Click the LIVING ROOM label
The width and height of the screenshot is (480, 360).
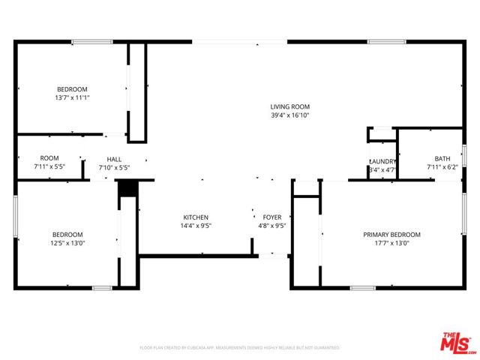click(290, 106)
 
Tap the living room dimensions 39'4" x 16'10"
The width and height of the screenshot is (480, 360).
click(290, 115)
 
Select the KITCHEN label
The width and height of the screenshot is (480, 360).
click(196, 217)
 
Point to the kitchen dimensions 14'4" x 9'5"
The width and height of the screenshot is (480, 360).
click(196, 226)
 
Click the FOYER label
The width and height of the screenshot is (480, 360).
click(271, 217)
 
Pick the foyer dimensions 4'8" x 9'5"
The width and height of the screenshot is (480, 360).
click(271, 226)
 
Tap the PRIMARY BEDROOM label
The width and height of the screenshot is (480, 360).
click(391, 235)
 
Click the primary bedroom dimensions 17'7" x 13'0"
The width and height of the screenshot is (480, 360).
click(391, 244)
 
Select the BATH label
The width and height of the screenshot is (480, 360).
click(442, 158)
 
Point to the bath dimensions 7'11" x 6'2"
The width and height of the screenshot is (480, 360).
click(442, 167)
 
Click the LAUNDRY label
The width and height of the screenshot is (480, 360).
click(382, 161)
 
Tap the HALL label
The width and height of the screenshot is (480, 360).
click(114, 159)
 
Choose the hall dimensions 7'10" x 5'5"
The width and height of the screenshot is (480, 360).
click(114, 168)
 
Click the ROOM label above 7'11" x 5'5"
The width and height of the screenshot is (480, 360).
click(49, 157)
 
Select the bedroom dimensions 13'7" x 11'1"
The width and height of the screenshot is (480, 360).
click(72, 97)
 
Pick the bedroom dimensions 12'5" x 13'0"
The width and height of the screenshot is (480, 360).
click(67, 244)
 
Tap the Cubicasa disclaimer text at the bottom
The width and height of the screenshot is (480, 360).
click(240, 348)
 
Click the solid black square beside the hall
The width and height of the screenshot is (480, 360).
click(127, 188)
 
